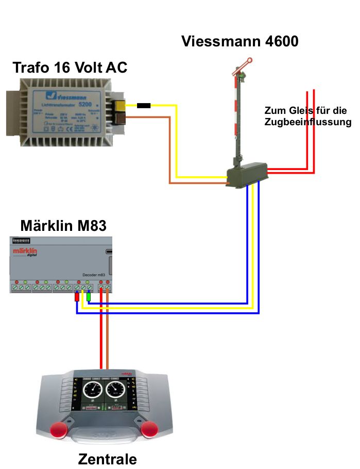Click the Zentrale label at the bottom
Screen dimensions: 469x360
point(108,459)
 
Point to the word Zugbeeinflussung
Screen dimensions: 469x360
point(307,122)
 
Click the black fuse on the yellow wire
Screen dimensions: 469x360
point(144,106)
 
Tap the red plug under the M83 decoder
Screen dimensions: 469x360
point(77,297)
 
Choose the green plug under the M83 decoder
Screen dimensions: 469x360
point(89,297)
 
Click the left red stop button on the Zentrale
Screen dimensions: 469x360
point(58,429)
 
